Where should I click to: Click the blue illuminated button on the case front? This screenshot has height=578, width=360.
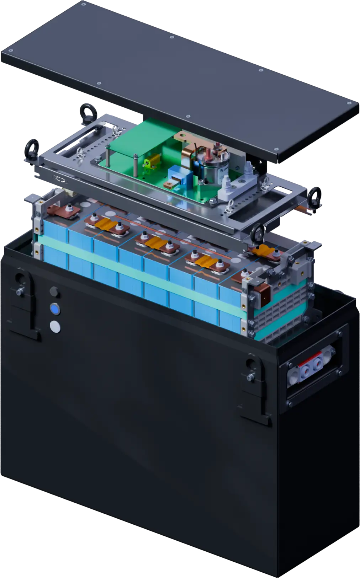(55, 309)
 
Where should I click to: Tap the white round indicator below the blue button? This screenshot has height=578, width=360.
(55, 326)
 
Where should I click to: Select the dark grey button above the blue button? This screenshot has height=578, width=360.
(54, 292)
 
